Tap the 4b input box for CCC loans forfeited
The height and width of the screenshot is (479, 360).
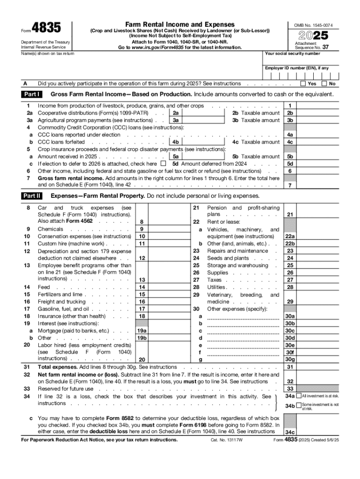[199, 142]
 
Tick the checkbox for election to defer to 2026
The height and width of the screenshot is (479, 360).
[163, 164]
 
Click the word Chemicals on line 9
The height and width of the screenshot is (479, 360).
[50, 229]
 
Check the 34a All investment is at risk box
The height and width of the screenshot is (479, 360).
[299, 396]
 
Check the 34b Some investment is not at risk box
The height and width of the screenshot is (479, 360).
[299, 405]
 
